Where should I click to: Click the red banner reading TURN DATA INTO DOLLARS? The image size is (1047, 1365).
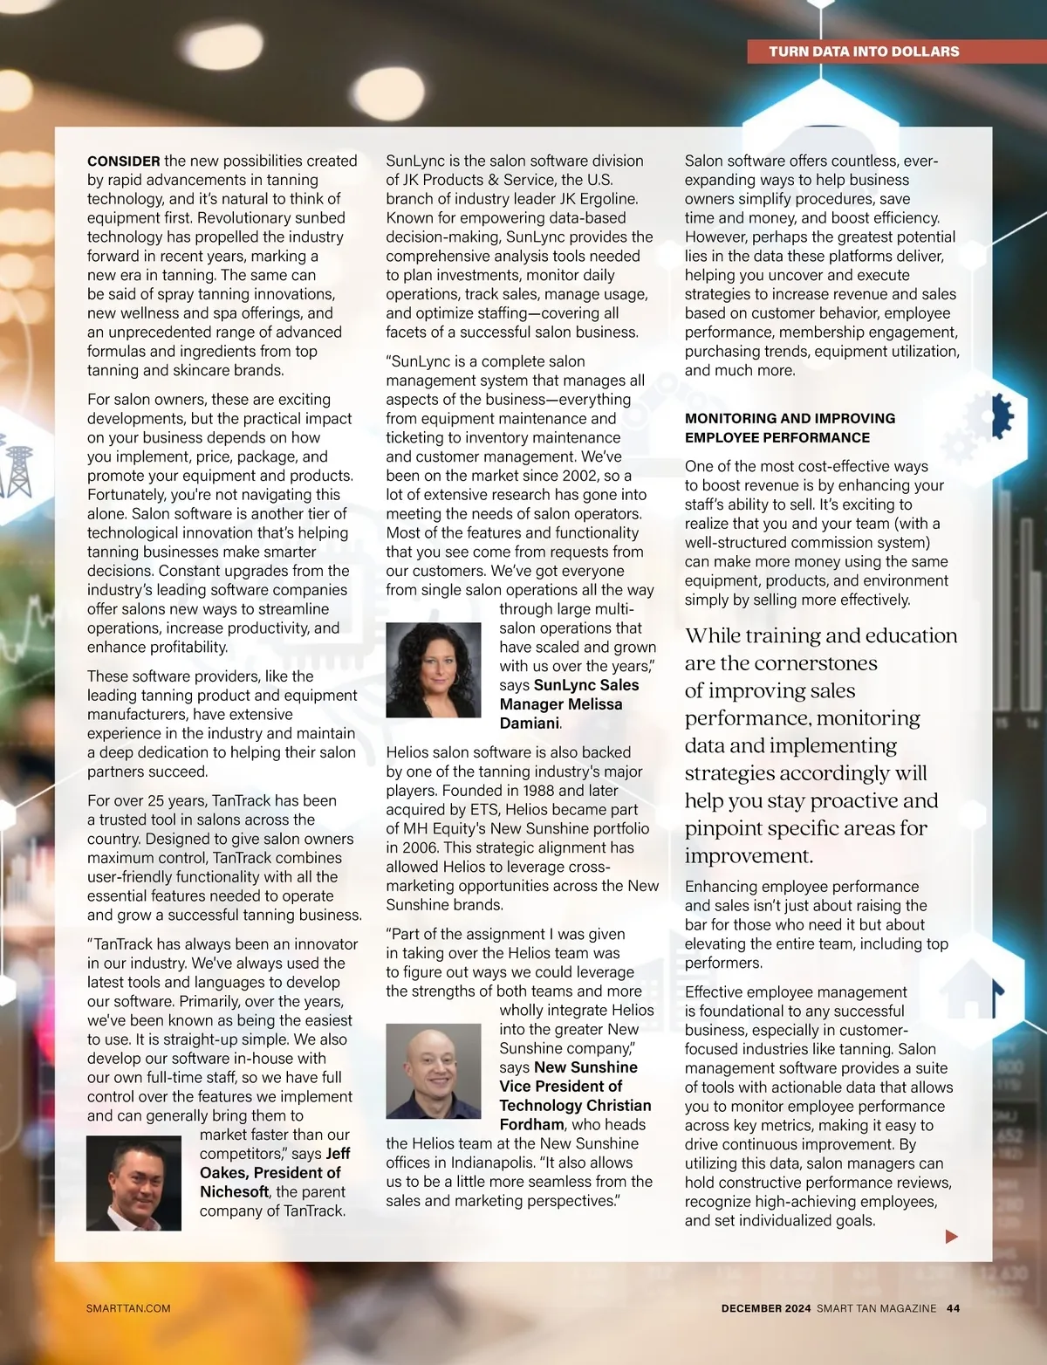click(x=864, y=51)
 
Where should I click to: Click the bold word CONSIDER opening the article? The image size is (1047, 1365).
click(x=123, y=161)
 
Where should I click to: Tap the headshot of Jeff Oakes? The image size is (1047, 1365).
click(x=133, y=1183)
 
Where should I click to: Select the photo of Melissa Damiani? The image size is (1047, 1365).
click(x=433, y=670)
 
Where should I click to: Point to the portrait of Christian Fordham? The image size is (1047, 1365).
click(x=433, y=1071)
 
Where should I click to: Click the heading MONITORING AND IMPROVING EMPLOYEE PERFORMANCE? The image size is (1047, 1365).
click(x=790, y=428)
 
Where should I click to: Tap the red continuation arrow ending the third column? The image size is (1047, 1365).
click(x=951, y=1236)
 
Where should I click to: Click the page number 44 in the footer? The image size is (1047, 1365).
click(x=953, y=1308)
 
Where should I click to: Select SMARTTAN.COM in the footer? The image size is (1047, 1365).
click(x=128, y=1308)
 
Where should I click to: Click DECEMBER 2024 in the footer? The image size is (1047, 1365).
click(x=765, y=1308)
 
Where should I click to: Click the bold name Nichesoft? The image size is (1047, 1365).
click(x=234, y=1192)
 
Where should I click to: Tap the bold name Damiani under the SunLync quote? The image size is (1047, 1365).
click(x=529, y=724)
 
